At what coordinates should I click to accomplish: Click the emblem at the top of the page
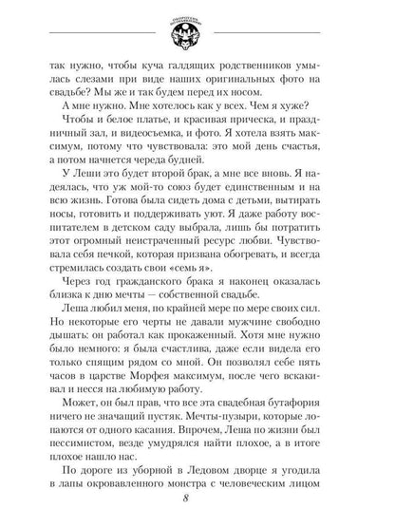[197, 31]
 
